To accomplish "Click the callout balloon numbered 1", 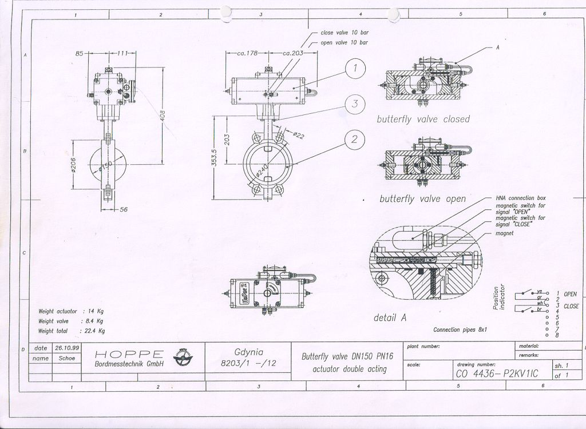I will coord(355,70).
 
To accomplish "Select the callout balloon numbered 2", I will coord(355,139).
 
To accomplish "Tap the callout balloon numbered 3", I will coord(355,104).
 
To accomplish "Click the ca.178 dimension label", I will coord(249,53).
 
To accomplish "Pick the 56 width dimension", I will coord(123,210).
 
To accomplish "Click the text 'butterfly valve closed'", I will coord(423,120).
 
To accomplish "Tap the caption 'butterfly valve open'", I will coord(422,199).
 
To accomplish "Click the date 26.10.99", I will coord(66,348).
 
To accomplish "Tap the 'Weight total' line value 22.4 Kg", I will coord(94,331).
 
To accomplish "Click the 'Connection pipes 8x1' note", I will coord(460,329).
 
